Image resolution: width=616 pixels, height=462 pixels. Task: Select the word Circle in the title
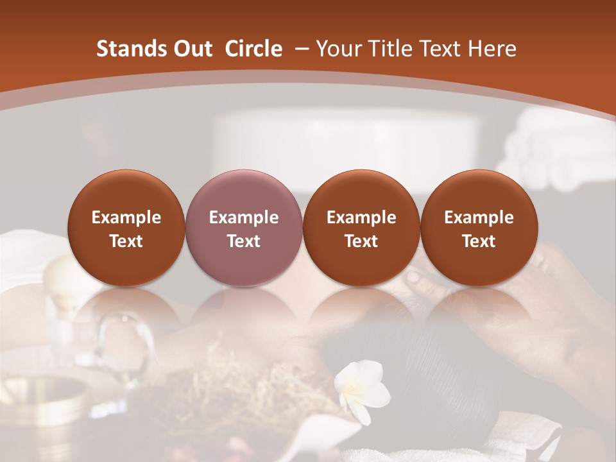tap(253, 49)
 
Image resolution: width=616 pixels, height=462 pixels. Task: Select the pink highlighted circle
tap(244, 228)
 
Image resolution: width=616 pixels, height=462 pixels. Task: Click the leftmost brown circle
tap(126, 228)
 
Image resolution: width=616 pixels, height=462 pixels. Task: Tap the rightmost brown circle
tap(479, 228)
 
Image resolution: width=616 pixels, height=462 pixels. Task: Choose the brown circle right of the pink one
tap(361, 228)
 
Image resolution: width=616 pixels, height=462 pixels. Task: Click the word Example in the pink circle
tap(244, 218)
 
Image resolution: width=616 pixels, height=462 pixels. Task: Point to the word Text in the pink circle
tap(244, 241)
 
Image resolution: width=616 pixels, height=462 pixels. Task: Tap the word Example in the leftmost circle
tap(126, 218)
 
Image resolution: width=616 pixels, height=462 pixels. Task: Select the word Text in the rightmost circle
tap(479, 241)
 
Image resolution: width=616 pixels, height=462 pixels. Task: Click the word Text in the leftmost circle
tap(126, 241)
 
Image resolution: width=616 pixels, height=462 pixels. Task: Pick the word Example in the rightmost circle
tap(479, 218)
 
